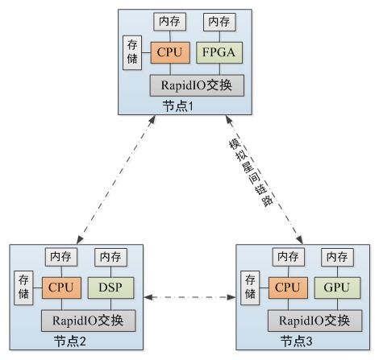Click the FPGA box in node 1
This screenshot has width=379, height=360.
coord(219,52)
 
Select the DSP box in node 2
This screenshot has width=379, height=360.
coord(110,288)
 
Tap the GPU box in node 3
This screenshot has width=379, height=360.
coord(337,288)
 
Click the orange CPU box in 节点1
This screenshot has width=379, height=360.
coord(170,52)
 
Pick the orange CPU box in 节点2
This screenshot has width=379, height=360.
coord(61,288)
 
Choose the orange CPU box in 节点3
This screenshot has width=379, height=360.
coord(288,288)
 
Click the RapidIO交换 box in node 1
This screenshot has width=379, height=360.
coord(197,85)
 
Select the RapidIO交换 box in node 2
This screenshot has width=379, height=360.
coord(88,321)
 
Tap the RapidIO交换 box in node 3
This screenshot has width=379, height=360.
coord(315,321)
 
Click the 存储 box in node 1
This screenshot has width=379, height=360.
coord(132,52)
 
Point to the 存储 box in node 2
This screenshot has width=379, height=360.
coord(23,288)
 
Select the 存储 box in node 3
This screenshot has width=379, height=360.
coord(250,288)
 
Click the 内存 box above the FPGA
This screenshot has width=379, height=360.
coord(219,22)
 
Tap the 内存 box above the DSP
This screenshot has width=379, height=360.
coord(110,257)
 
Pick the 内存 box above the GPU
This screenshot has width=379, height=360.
coord(337,257)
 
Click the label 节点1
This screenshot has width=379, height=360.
coord(178,106)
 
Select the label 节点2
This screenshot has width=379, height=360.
coord(70,341)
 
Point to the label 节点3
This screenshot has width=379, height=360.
coord(297,341)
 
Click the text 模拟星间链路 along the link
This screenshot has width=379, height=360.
coord(252,173)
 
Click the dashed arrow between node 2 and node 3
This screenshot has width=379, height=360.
coord(189,297)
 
